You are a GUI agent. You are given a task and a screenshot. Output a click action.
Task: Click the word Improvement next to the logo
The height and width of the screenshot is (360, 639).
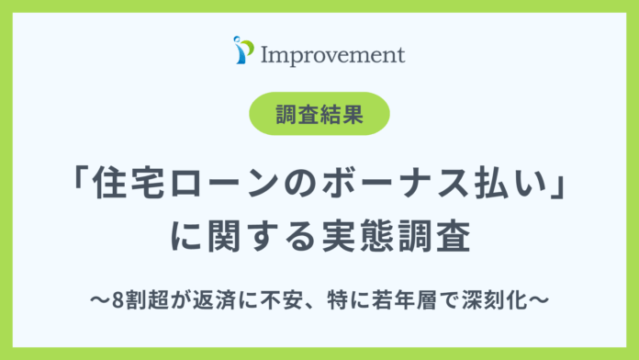[332, 53]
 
